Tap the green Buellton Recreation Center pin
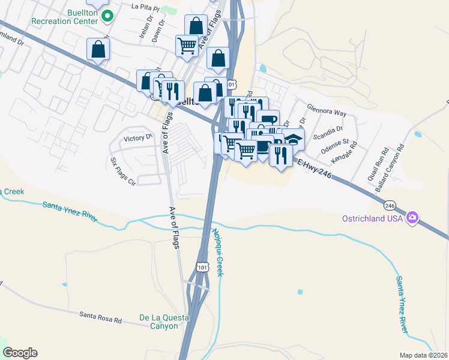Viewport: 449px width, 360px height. point(107,16)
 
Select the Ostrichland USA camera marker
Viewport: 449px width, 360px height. point(412,218)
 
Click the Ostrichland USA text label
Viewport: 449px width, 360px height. point(372,218)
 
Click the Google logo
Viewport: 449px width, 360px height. point(20,353)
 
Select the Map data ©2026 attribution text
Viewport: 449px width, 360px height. point(423,355)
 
